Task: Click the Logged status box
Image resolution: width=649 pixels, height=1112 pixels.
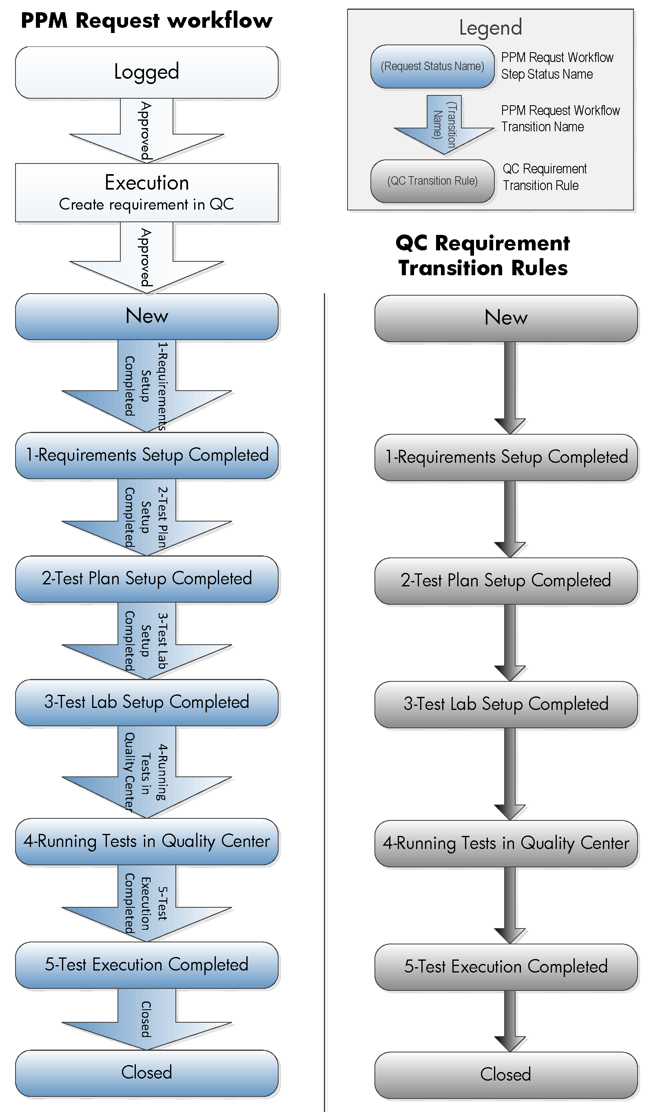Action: (x=146, y=72)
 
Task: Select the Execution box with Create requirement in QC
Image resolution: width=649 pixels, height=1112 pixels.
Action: (x=146, y=193)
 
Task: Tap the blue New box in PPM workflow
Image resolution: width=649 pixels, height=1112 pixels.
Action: (x=146, y=316)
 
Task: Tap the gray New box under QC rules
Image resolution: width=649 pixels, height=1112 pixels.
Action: (x=505, y=318)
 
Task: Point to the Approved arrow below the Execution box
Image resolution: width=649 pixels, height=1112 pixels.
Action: (x=146, y=257)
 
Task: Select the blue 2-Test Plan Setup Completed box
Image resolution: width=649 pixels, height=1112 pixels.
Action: (x=146, y=579)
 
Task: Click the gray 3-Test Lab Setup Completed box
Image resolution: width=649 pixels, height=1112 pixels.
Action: (x=505, y=704)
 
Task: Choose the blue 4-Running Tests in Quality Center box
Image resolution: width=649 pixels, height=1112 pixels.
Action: (x=146, y=841)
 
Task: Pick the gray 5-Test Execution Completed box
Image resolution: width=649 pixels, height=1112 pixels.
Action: (x=505, y=967)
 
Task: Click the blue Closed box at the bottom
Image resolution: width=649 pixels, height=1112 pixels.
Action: (x=146, y=1073)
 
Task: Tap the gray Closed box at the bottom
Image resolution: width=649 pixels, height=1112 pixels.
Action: (x=505, y=1075)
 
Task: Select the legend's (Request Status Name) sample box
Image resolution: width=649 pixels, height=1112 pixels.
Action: (x=432, y=66)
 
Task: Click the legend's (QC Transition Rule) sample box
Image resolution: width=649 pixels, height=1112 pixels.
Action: (x=432, y=181)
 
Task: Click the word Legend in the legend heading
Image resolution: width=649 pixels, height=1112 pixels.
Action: (x=490, y=27)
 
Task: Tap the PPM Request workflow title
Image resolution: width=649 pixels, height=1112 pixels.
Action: (x=146, y=20)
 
